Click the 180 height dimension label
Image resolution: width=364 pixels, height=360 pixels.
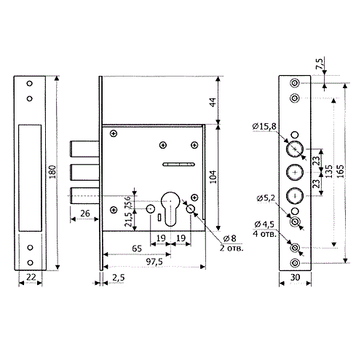52,172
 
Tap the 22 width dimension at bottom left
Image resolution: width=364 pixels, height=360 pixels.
31,277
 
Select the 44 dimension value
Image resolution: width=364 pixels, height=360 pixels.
213,102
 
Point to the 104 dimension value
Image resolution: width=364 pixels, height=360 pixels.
213,177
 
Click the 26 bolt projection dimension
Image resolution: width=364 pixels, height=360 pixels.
85,214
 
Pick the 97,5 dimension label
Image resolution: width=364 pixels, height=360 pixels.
154,262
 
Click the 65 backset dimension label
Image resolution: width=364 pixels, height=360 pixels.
137,249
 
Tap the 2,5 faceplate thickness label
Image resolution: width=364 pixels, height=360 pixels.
119,278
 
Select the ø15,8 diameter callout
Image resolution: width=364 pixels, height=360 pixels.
264,126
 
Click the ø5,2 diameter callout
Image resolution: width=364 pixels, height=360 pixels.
266,198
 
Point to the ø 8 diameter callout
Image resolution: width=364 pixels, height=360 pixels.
229,238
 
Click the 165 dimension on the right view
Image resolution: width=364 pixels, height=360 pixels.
341,171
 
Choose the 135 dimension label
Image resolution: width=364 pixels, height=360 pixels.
328,171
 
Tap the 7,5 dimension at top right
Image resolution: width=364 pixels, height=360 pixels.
320,63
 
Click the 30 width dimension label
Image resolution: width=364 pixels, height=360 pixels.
295,277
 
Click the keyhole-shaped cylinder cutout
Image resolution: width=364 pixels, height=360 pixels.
170,209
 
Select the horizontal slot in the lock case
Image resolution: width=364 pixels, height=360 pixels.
178,165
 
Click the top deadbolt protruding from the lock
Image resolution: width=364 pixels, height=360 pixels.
84,149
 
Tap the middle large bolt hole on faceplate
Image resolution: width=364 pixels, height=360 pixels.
295,172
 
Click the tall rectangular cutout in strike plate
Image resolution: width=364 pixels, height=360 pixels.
30,178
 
